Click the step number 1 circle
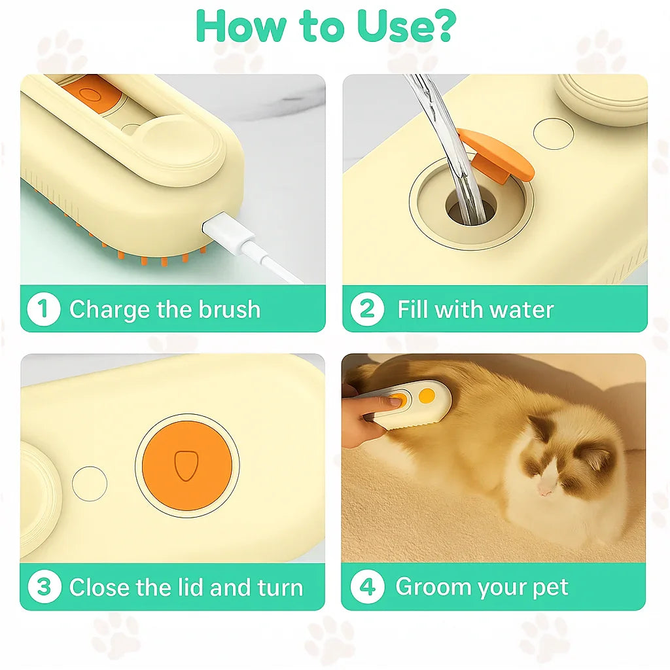(44, 309)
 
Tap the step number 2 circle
(367, 309)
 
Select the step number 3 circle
(44, 587)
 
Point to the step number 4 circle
(367, 587)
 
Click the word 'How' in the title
(241, 26)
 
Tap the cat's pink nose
(544, 489)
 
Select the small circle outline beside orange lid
(90, 484)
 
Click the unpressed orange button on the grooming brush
(426, 395)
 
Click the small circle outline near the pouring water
(553, 133)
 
